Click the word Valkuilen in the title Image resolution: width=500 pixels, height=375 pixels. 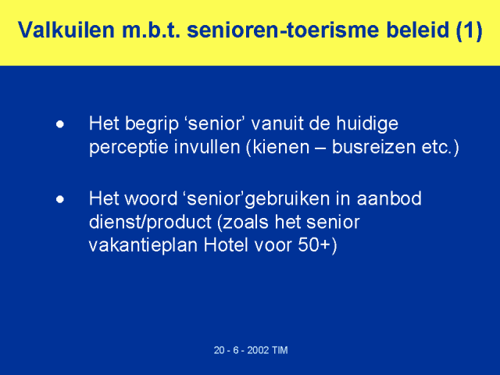[66, 30]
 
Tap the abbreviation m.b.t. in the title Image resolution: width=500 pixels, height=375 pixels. [151, 30]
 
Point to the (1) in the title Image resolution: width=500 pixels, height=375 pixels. [469, 30]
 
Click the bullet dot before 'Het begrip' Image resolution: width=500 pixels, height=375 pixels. [60, 124]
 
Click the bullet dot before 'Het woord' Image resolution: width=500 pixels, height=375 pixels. [60, 199]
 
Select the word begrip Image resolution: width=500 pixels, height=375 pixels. [152, 124]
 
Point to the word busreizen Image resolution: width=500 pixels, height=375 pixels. [373, 147]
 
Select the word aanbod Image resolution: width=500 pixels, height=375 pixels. [389, 198]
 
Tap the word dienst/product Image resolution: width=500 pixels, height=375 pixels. [150, 222]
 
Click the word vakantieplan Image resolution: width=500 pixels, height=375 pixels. [143, 246]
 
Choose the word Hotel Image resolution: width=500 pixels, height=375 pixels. [226, 245]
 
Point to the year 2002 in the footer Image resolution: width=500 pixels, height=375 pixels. [258, 350]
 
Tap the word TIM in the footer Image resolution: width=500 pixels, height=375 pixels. [280, 350]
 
